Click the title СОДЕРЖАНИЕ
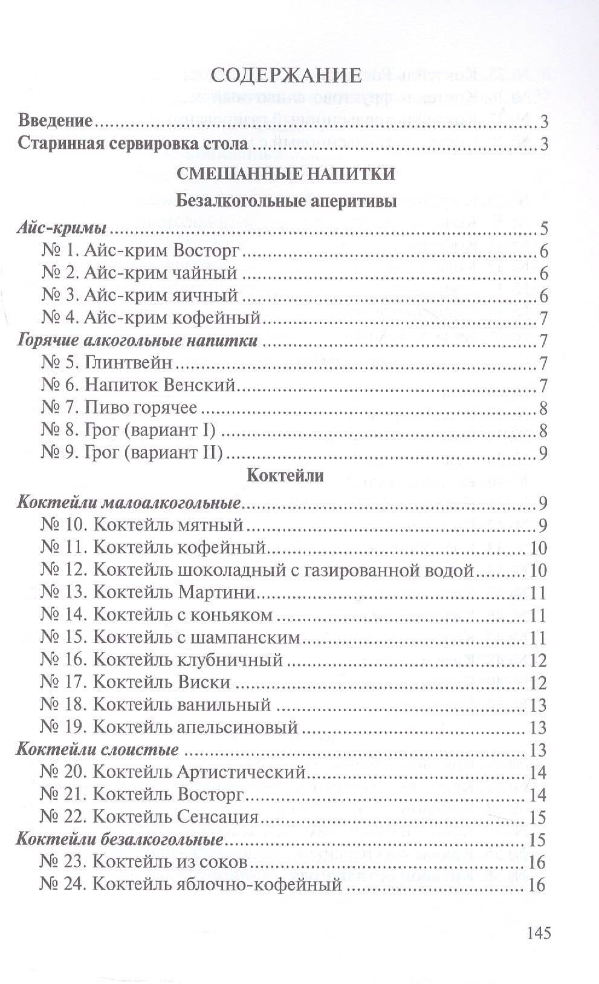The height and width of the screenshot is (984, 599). click(287, 75)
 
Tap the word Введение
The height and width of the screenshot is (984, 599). click(56, 120)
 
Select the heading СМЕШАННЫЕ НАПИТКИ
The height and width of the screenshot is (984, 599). click(286, 174)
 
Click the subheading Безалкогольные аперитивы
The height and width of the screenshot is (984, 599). click(286, 201)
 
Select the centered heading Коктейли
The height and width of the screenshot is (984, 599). click(286, 475)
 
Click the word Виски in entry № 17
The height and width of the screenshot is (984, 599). click(205, 682)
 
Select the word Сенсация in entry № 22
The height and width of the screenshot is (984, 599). click(219, 817)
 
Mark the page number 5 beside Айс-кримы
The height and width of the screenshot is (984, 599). click(543, 230)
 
